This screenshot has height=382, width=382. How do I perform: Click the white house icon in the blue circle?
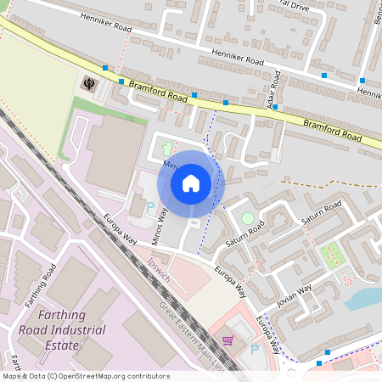point(191,183)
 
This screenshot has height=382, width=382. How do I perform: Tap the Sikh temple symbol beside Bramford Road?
point(88,83)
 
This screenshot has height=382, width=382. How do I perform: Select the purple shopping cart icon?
point(228,340)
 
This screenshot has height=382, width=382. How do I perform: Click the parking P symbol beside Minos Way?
point(151,206)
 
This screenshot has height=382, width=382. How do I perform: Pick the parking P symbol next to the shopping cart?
point(255,349)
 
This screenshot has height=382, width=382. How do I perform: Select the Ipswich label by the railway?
point(158,271)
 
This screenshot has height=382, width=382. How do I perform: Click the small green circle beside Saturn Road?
point(247,218)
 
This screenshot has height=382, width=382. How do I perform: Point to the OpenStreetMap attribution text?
point(85,376)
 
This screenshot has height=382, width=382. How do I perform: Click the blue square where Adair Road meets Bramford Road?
point(274,108)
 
